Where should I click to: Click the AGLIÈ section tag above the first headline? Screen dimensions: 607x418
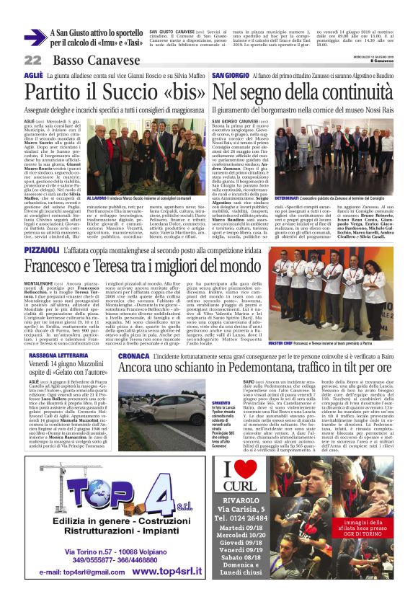click(33, 75)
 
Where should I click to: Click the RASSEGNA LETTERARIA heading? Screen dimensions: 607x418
click(61, 355)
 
